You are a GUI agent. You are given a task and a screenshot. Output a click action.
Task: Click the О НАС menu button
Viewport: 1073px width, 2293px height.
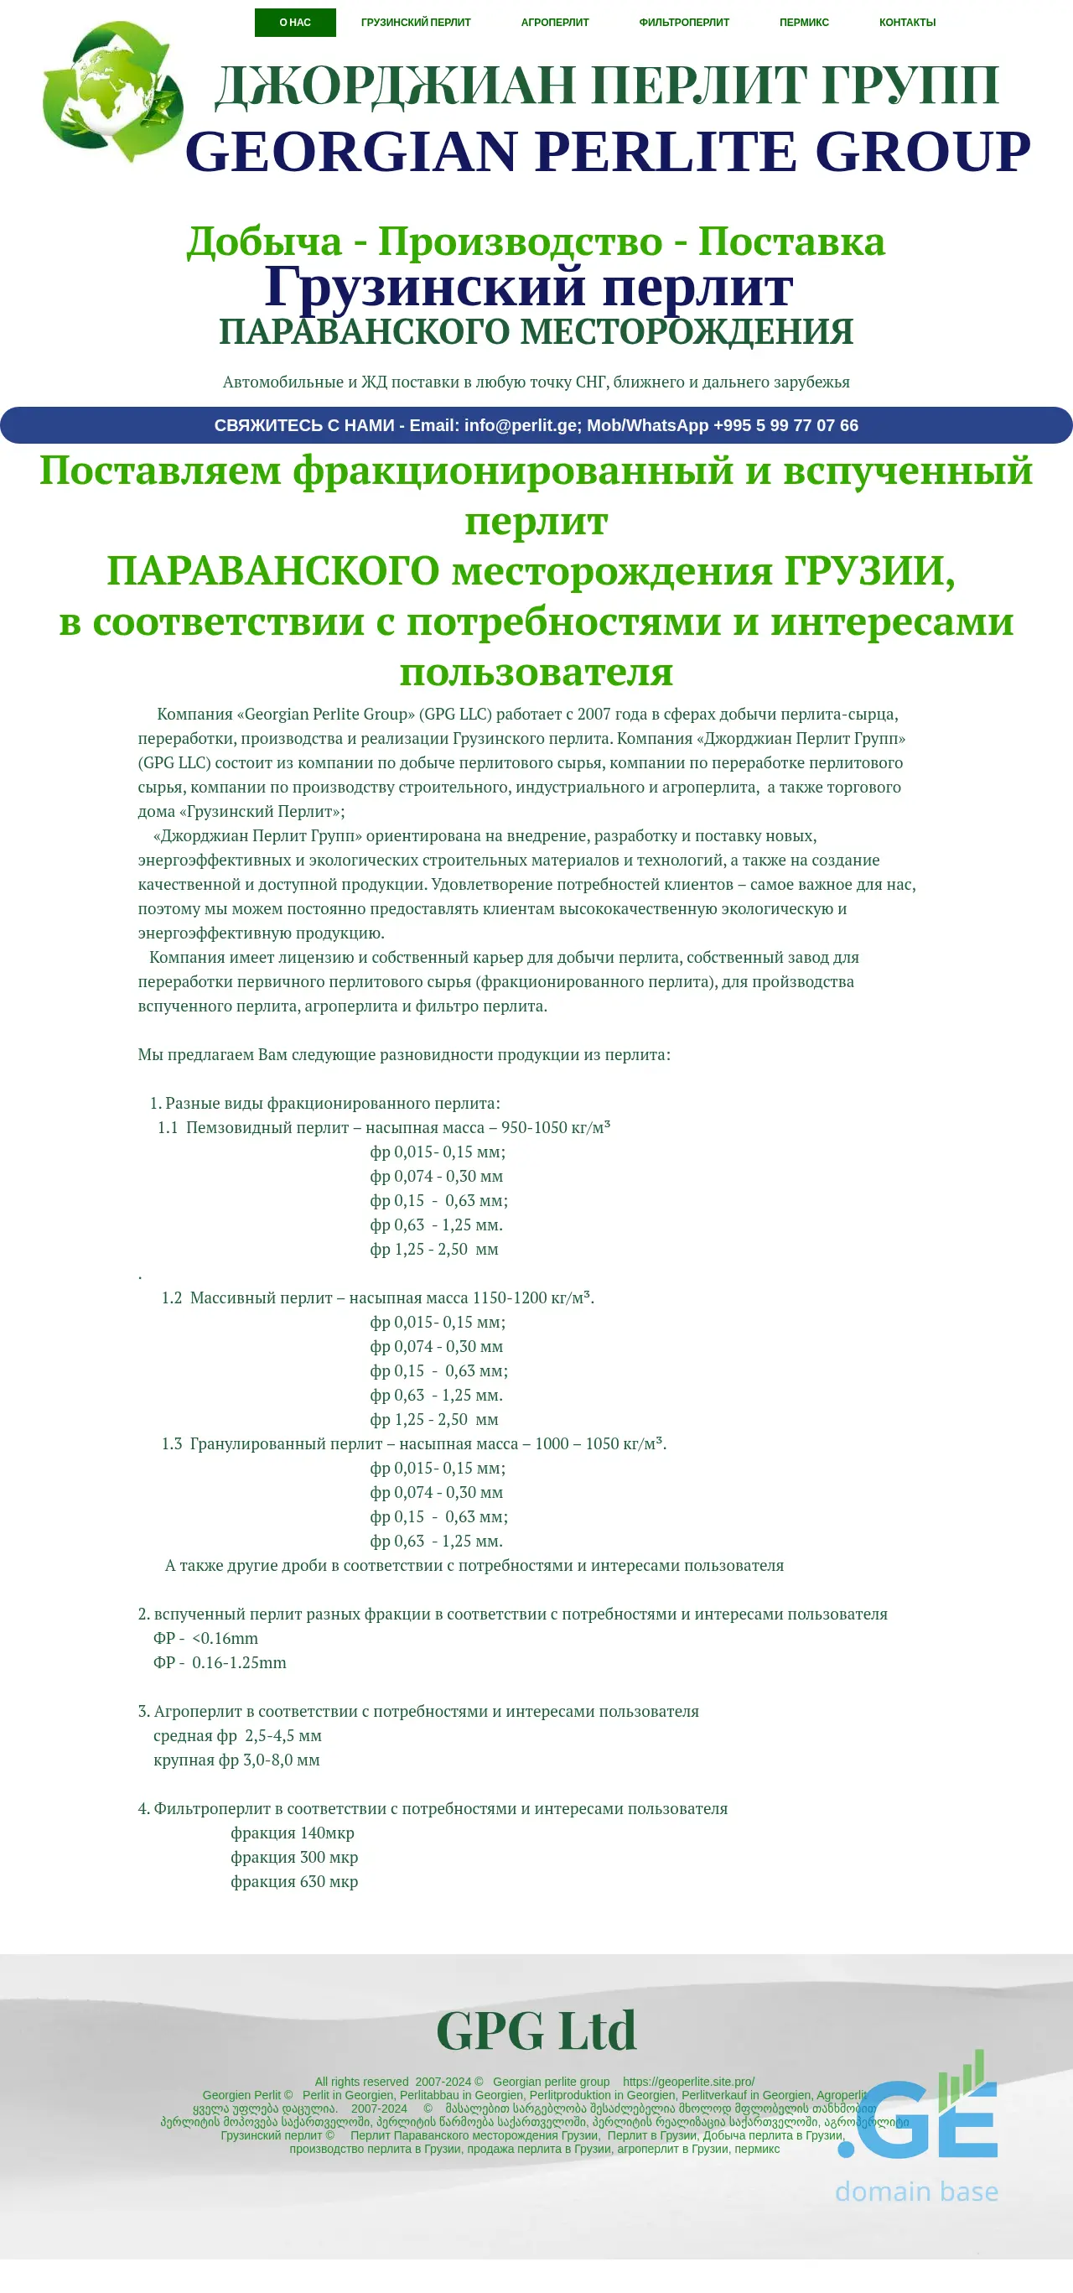(294, 23)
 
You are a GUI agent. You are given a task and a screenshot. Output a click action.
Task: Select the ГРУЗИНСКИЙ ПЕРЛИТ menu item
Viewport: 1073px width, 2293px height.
(416, 23)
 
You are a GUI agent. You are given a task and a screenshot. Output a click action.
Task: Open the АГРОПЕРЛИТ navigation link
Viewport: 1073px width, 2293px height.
(554, 23)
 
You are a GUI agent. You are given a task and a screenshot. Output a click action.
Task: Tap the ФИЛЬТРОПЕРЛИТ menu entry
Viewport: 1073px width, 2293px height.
(683, 23)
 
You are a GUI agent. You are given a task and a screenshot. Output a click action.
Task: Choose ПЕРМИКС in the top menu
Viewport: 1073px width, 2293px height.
(803, 23)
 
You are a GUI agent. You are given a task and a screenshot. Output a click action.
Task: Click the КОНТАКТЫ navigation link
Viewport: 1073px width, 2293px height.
(907, 23)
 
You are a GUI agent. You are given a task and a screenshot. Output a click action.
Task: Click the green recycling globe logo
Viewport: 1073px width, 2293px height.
(112, 91)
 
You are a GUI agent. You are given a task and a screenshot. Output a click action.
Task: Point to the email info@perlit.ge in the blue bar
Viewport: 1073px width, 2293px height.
(521, 425)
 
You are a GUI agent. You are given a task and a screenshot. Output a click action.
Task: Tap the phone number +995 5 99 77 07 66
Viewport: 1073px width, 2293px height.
(785, 425)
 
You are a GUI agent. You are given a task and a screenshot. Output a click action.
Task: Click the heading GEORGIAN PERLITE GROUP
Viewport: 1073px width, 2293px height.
(608, 150)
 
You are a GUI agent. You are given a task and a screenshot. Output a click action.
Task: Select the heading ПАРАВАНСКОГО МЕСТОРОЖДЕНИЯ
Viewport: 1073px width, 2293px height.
(536, 332)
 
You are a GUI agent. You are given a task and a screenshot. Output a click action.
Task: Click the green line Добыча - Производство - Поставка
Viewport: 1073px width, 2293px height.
(536, 242)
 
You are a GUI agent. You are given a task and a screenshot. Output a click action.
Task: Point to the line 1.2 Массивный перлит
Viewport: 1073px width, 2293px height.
(377, 1297)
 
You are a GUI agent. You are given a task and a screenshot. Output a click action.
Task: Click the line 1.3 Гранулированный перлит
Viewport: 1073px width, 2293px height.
(414, 1443)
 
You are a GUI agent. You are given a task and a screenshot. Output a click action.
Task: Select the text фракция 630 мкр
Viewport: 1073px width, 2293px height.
(293, 1881)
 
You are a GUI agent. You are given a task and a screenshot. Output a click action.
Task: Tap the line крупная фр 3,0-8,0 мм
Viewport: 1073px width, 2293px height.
(236, 1759)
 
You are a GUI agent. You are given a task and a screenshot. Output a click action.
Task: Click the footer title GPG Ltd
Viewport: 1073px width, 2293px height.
(536, 2030)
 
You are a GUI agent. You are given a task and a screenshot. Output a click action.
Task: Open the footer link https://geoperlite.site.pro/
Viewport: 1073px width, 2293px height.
(687, 2081)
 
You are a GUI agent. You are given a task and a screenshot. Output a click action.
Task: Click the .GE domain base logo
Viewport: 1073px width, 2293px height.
(916, 2128)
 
